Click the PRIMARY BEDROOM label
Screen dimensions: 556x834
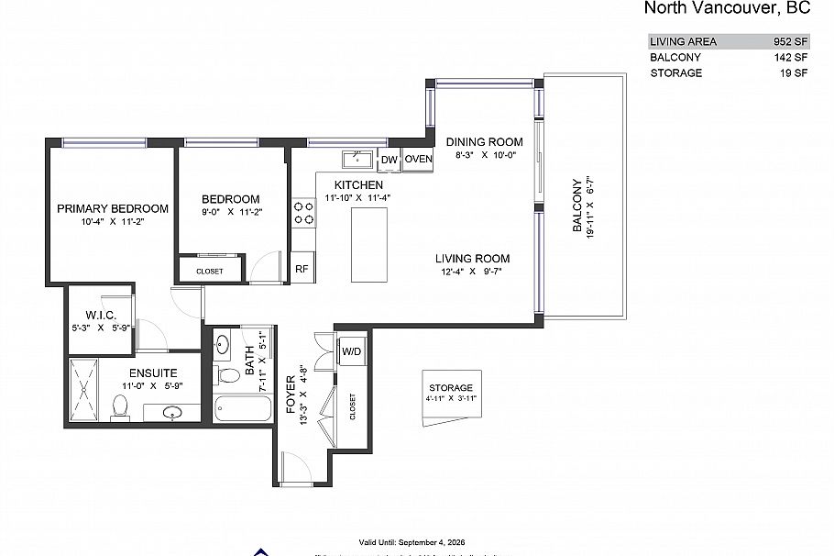click(x=113, y=208)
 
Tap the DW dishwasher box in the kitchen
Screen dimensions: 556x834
click(x=389, y=160)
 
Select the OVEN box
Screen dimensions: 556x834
click(x=419, y=160)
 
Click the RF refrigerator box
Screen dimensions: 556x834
click(x=302, y=269)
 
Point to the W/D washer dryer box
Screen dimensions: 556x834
click(x=352, y=351)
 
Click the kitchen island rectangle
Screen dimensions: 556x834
click(x=368, y=246)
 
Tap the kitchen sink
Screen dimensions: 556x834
click(x=357, y=160)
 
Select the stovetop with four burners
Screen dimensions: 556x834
click(x=303, y=213)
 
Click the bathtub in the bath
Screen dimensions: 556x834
click(x=243, y=407)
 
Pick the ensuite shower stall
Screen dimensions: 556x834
click(x=85, y=391)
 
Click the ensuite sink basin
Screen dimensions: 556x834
click(x=175, y=412)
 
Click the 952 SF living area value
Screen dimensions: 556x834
click(x=790, y=41)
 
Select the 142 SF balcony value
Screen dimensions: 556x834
click(x=790, y=57)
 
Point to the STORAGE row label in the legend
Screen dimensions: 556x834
click(x=676, y=72)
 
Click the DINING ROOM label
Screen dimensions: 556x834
click(x=485, y=142)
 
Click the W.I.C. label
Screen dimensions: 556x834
click(x=100, y=315)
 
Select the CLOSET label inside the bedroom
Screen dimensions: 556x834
click(x=210, y=272)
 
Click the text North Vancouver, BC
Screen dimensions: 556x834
click(x=727, y=9)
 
